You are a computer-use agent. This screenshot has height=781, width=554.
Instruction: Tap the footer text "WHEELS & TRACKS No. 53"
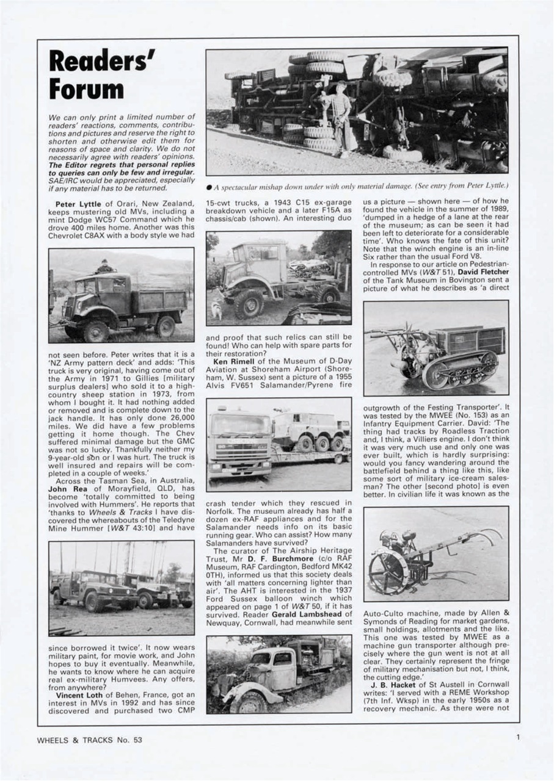pos(89,740)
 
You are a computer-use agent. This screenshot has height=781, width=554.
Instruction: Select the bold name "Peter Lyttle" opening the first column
pos(78,203)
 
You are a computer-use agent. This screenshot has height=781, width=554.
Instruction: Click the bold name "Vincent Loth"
pos(79,695)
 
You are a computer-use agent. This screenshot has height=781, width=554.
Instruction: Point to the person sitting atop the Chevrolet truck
pos(105,266)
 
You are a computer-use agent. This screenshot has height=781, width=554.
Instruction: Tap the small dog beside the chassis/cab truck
pos(217,311)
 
